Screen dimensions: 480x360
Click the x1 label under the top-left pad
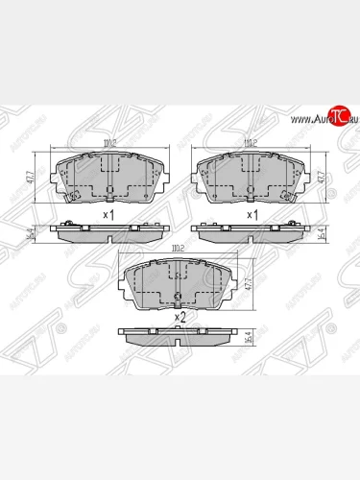(x=108, y=213)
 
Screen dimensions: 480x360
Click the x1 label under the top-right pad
(x=252, y=213)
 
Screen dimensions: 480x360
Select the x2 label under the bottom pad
(x=179, y=317)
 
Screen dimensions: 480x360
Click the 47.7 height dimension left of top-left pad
(x=32, y=177)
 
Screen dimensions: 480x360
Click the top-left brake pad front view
(x=108, y=177)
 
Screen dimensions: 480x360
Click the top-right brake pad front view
(x=251, y=177)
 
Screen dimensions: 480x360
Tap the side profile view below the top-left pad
(x=108, y=230)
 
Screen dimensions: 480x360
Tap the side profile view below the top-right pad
(x=251, y=230)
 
